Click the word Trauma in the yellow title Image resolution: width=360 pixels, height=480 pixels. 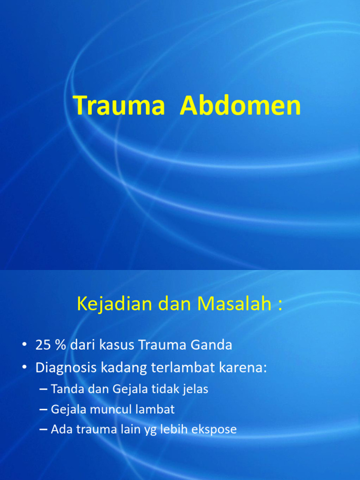click(x=119, y=105)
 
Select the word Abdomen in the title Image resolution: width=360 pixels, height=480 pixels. click(x=240, y=105)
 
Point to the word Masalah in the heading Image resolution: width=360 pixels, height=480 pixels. click(x=234, y=304)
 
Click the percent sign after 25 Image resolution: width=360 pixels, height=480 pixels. click(x=60, y=345)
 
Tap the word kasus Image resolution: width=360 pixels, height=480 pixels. click(x=117, y=345)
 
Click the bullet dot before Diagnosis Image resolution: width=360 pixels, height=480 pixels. click(x=24, y=368)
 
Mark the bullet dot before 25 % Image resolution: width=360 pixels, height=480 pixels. click(x=24, y=345)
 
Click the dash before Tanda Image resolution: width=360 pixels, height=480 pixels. click(x=44, y=389)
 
